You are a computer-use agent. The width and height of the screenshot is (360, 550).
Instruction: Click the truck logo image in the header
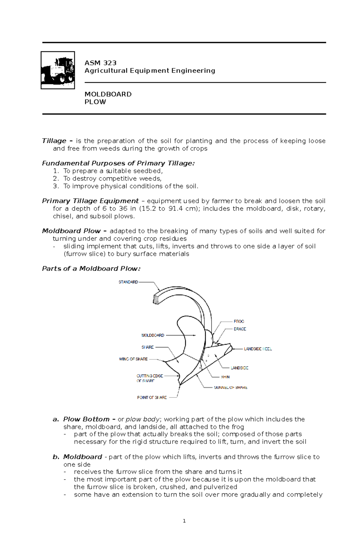58,70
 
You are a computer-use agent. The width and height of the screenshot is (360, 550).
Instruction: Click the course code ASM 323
100,63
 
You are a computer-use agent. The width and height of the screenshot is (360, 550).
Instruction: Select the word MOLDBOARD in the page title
108,94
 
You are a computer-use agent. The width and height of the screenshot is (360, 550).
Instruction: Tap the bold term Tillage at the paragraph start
54,141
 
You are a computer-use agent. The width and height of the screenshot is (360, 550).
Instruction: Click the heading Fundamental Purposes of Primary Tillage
118,163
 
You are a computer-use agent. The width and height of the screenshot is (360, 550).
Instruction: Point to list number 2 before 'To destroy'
56,179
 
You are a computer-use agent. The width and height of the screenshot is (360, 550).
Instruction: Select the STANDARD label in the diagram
128,282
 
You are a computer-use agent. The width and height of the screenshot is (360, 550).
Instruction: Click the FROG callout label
239,321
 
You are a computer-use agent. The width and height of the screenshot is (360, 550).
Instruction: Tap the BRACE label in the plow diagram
240,329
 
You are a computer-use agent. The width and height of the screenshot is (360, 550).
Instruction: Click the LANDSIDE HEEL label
258,349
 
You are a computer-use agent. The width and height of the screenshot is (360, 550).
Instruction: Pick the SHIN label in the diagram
225,377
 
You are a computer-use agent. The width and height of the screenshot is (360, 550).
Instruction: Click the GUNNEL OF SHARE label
230,388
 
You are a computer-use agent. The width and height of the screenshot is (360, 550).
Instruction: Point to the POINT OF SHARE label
152,397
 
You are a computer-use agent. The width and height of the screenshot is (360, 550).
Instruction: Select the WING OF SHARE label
133,359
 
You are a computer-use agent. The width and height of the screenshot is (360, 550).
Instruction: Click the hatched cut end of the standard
156,299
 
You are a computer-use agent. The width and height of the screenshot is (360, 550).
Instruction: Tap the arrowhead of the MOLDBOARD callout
195,335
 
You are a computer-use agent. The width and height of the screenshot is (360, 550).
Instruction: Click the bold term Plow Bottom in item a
86,419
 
